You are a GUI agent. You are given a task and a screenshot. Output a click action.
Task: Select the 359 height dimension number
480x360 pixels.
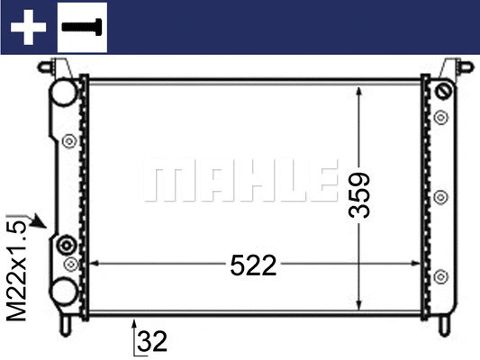361,193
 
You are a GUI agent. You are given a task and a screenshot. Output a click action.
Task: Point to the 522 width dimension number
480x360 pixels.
253,265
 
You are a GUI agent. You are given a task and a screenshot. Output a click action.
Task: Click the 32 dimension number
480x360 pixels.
154,341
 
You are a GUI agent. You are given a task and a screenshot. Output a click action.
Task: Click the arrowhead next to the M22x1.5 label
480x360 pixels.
40,221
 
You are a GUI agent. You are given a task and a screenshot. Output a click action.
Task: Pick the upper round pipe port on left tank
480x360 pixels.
63,93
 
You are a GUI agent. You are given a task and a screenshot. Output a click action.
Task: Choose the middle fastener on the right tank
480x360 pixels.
441,196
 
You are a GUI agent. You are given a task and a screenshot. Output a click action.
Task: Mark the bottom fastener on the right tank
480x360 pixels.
441,277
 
